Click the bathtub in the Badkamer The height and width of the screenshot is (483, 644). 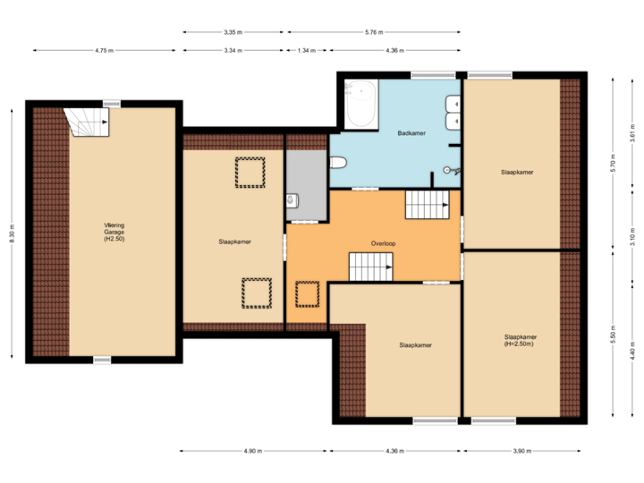pyautogui.click(x=361, y=105)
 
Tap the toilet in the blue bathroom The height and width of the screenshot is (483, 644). pyautogui.click(x=337, y=163)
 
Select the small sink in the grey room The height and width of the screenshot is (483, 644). pyautogui.click(x=291, y=200)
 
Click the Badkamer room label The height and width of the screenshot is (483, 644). pyautogui.click(x=411, y=133)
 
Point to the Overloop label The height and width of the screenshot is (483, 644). pyautogui.click(x=384, y=243)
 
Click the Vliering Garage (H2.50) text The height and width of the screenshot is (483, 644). pyautogui.click(x=114, y=232)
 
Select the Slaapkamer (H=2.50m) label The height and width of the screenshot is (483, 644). pyautogui.click(x=520, y=340)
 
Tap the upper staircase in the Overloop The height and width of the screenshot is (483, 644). pyautogui.click(x=428, y=205)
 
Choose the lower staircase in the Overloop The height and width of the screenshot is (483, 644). pyautogui.click(x=370, y=266)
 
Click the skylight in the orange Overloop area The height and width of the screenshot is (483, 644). pyautogui.click(x=308, y=293)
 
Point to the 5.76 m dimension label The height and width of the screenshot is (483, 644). pyautogui.click(x=373, y=33)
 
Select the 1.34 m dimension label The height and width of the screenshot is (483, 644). pyautogui.click(x=306, y=51)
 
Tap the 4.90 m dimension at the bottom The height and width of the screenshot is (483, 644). pyautogui.click(x=254, y=451)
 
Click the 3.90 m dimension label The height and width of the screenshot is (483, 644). pyautogui.click(x=518, y=451)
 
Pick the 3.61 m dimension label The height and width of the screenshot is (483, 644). pyautogui.click(x=632, y=134)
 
